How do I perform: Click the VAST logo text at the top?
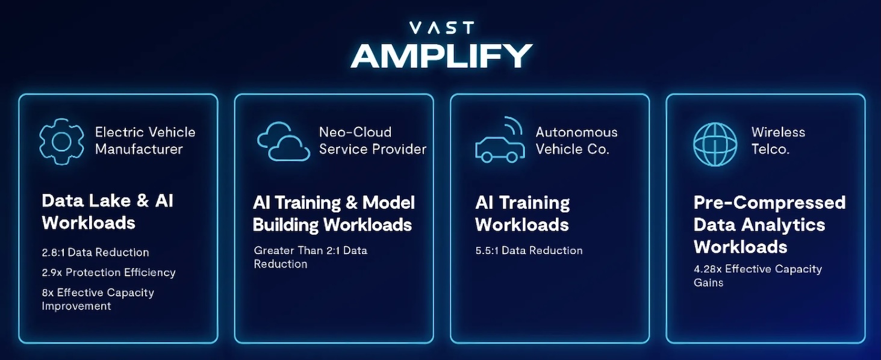pos(441,28)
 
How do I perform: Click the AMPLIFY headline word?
pos(441,56)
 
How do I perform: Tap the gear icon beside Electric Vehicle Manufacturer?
pos(61,141)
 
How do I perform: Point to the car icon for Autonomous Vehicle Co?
pos(497,147)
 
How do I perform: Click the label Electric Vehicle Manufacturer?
pos(145,140)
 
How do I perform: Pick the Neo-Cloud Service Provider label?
pos(372,140)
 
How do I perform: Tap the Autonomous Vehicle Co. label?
pos(576,140)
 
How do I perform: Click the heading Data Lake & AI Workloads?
pos(108,212)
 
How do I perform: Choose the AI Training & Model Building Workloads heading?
pos(334,214)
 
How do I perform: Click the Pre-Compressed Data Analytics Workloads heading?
pos(769,225)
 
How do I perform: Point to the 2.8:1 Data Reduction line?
pos(95,252)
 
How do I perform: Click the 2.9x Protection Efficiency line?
pos(108,272)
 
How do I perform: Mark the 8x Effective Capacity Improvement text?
pos(98,299)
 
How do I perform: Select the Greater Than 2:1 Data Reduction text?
pos(310,257)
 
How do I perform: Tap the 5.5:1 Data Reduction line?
pos(529,250)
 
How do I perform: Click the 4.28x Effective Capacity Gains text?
pos(757,276)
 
